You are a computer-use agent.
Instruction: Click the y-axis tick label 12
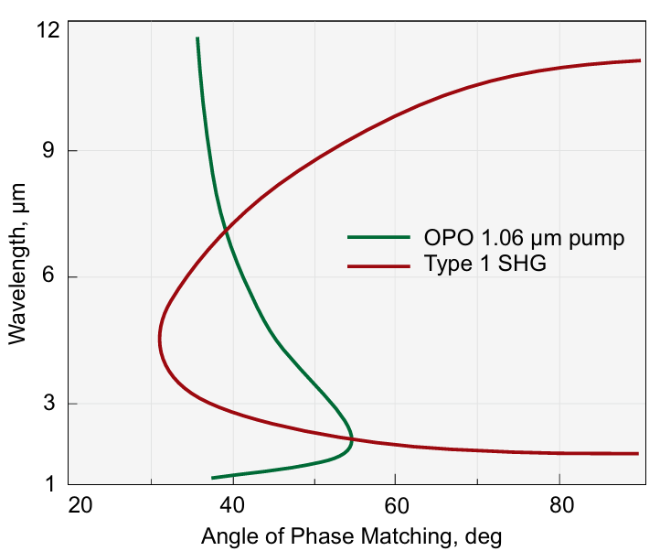[48, 30]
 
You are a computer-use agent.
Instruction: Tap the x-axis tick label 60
[395, 504]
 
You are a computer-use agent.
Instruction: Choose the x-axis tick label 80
[559, 504]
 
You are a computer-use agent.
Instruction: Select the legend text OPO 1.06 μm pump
[524, 239]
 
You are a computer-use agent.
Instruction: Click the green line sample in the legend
[378, 238]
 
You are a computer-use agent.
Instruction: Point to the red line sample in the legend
[378, 265]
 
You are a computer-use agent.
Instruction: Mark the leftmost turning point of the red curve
[160, 338]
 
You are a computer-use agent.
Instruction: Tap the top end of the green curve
[197, 38]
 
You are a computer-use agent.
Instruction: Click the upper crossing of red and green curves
[225, 230]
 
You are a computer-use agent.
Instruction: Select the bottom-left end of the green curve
[213, 478]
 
